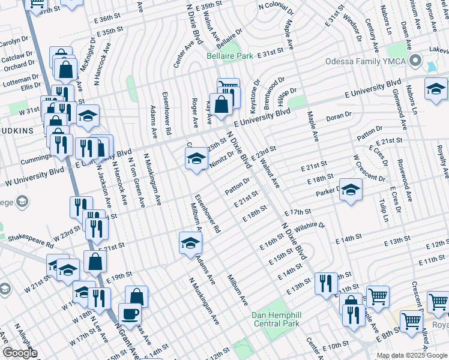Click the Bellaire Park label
click(x=229, y=56)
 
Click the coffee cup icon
click(x=130, y=313)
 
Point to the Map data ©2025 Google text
click(x=412, y=355)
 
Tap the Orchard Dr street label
click(x=16, y=65)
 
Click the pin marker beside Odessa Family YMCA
click(x=414, y=61)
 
